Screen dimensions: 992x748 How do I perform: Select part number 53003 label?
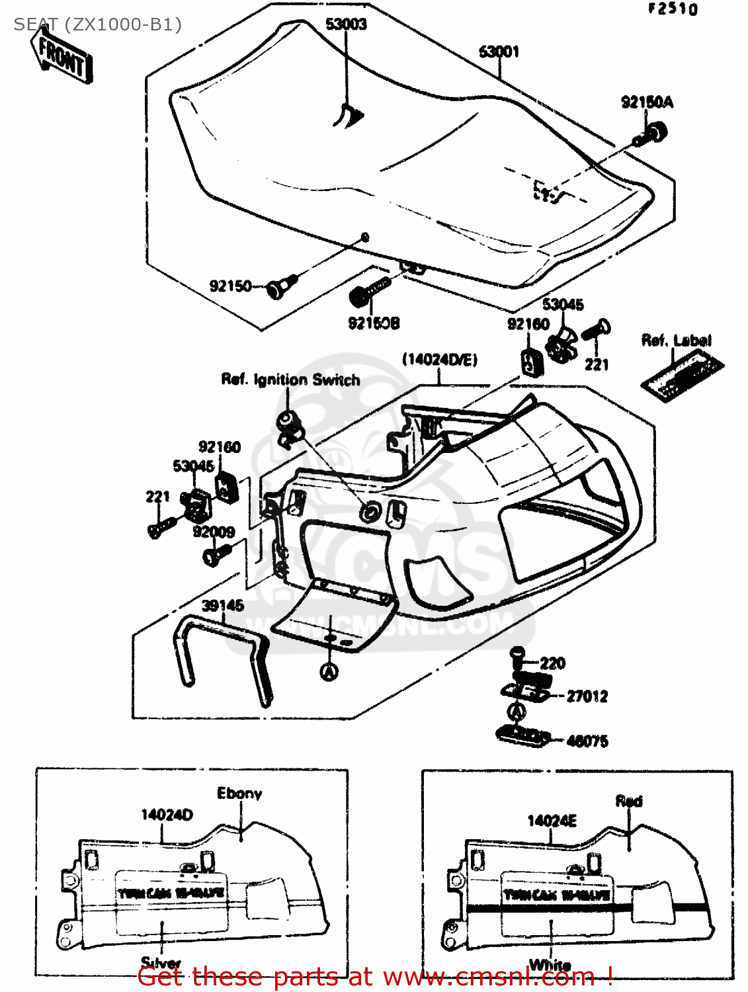[346, 24]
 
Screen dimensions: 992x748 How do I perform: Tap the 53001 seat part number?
[499, 51]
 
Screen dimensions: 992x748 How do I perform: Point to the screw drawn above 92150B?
[369, 292]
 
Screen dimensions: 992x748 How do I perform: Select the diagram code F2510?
[672, 9]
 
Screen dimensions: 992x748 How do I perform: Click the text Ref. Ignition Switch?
[290, 380]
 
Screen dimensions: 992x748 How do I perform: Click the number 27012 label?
[587, 696]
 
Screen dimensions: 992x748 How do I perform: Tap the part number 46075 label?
[587, 741]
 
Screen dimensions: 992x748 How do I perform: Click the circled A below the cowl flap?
[329, 672]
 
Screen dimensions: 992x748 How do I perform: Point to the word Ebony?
[239, 793]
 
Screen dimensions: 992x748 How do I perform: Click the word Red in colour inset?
[628, 801]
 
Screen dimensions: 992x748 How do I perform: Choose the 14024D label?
[167, 815]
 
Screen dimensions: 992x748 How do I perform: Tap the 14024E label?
[552, 821]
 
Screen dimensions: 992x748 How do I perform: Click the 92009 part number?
[214, 532]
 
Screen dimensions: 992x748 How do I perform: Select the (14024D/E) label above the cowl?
[439, 359]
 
